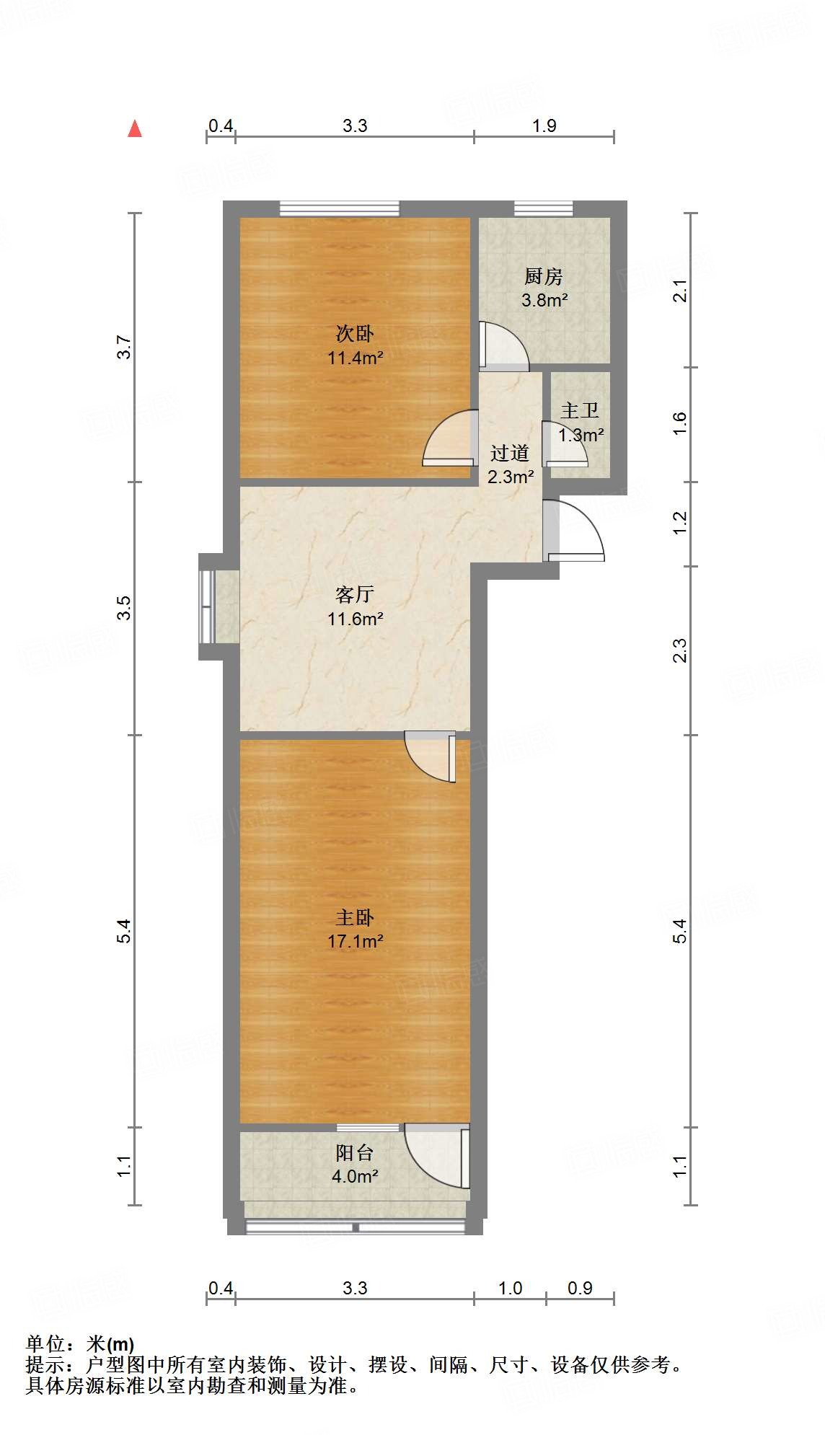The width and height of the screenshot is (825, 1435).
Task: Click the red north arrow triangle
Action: pos(135,129)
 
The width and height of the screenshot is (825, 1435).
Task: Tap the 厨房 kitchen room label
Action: pos(543,276)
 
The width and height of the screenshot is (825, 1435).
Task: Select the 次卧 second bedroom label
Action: pos(355,334)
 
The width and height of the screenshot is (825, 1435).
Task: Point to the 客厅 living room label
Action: pos(355,595)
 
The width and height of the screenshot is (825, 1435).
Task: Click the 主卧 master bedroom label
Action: pos(355,918)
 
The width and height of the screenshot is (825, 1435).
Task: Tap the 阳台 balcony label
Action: pos(355,1153)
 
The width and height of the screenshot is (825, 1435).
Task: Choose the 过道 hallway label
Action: pos(510,454)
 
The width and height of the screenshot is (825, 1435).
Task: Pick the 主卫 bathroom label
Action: pos(580,411)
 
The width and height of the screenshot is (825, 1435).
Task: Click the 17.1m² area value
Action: pos(355,941)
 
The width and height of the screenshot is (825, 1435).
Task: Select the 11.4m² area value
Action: pos(355,358)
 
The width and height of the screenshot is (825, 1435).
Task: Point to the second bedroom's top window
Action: pos(339,208)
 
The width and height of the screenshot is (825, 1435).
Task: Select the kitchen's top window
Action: pos(543,208)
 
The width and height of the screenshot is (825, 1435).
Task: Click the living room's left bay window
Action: pos(208,606)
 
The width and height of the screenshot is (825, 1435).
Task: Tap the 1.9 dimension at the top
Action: pos(544,126)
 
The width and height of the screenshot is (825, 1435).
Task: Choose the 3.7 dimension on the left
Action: pos(125,348)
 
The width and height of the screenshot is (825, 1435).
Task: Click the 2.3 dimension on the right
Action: pos(680,650)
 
